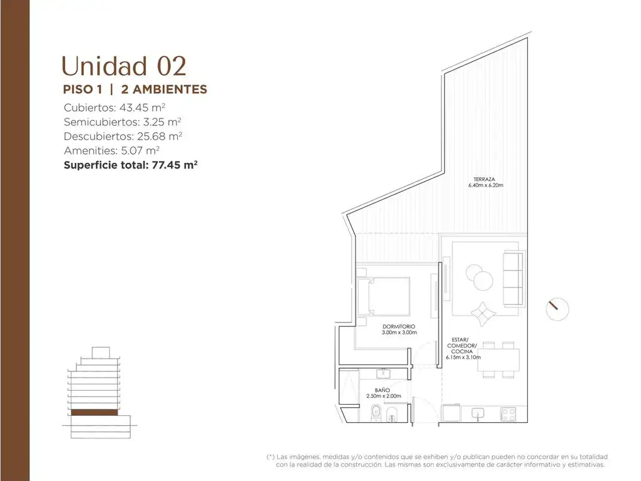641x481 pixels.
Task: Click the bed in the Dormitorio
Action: [384, 296]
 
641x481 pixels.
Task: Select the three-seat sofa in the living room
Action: [513, 279]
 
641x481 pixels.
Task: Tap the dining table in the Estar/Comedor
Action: [498, 359]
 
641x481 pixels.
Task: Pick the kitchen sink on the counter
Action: [478, 413]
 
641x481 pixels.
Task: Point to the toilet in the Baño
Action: [376, 413]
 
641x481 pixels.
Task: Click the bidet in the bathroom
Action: [392, 414]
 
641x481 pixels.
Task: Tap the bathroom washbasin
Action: [383, 373]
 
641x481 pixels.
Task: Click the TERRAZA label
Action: [484, 179]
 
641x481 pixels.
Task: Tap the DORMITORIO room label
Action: [399, 326]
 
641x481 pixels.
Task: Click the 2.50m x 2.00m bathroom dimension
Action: [384, 396]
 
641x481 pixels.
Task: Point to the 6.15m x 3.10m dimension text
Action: [463, 357]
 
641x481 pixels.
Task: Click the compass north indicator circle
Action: [557, 309]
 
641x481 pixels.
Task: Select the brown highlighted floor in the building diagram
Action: [95, 412]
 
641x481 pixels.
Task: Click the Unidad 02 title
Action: [124, 66]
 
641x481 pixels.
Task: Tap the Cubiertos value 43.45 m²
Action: [142, 108]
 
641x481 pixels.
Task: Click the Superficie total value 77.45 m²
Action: [175, 165]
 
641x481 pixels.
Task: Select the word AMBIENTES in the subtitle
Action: [170, 89]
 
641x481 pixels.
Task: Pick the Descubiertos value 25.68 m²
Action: [160, 136]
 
